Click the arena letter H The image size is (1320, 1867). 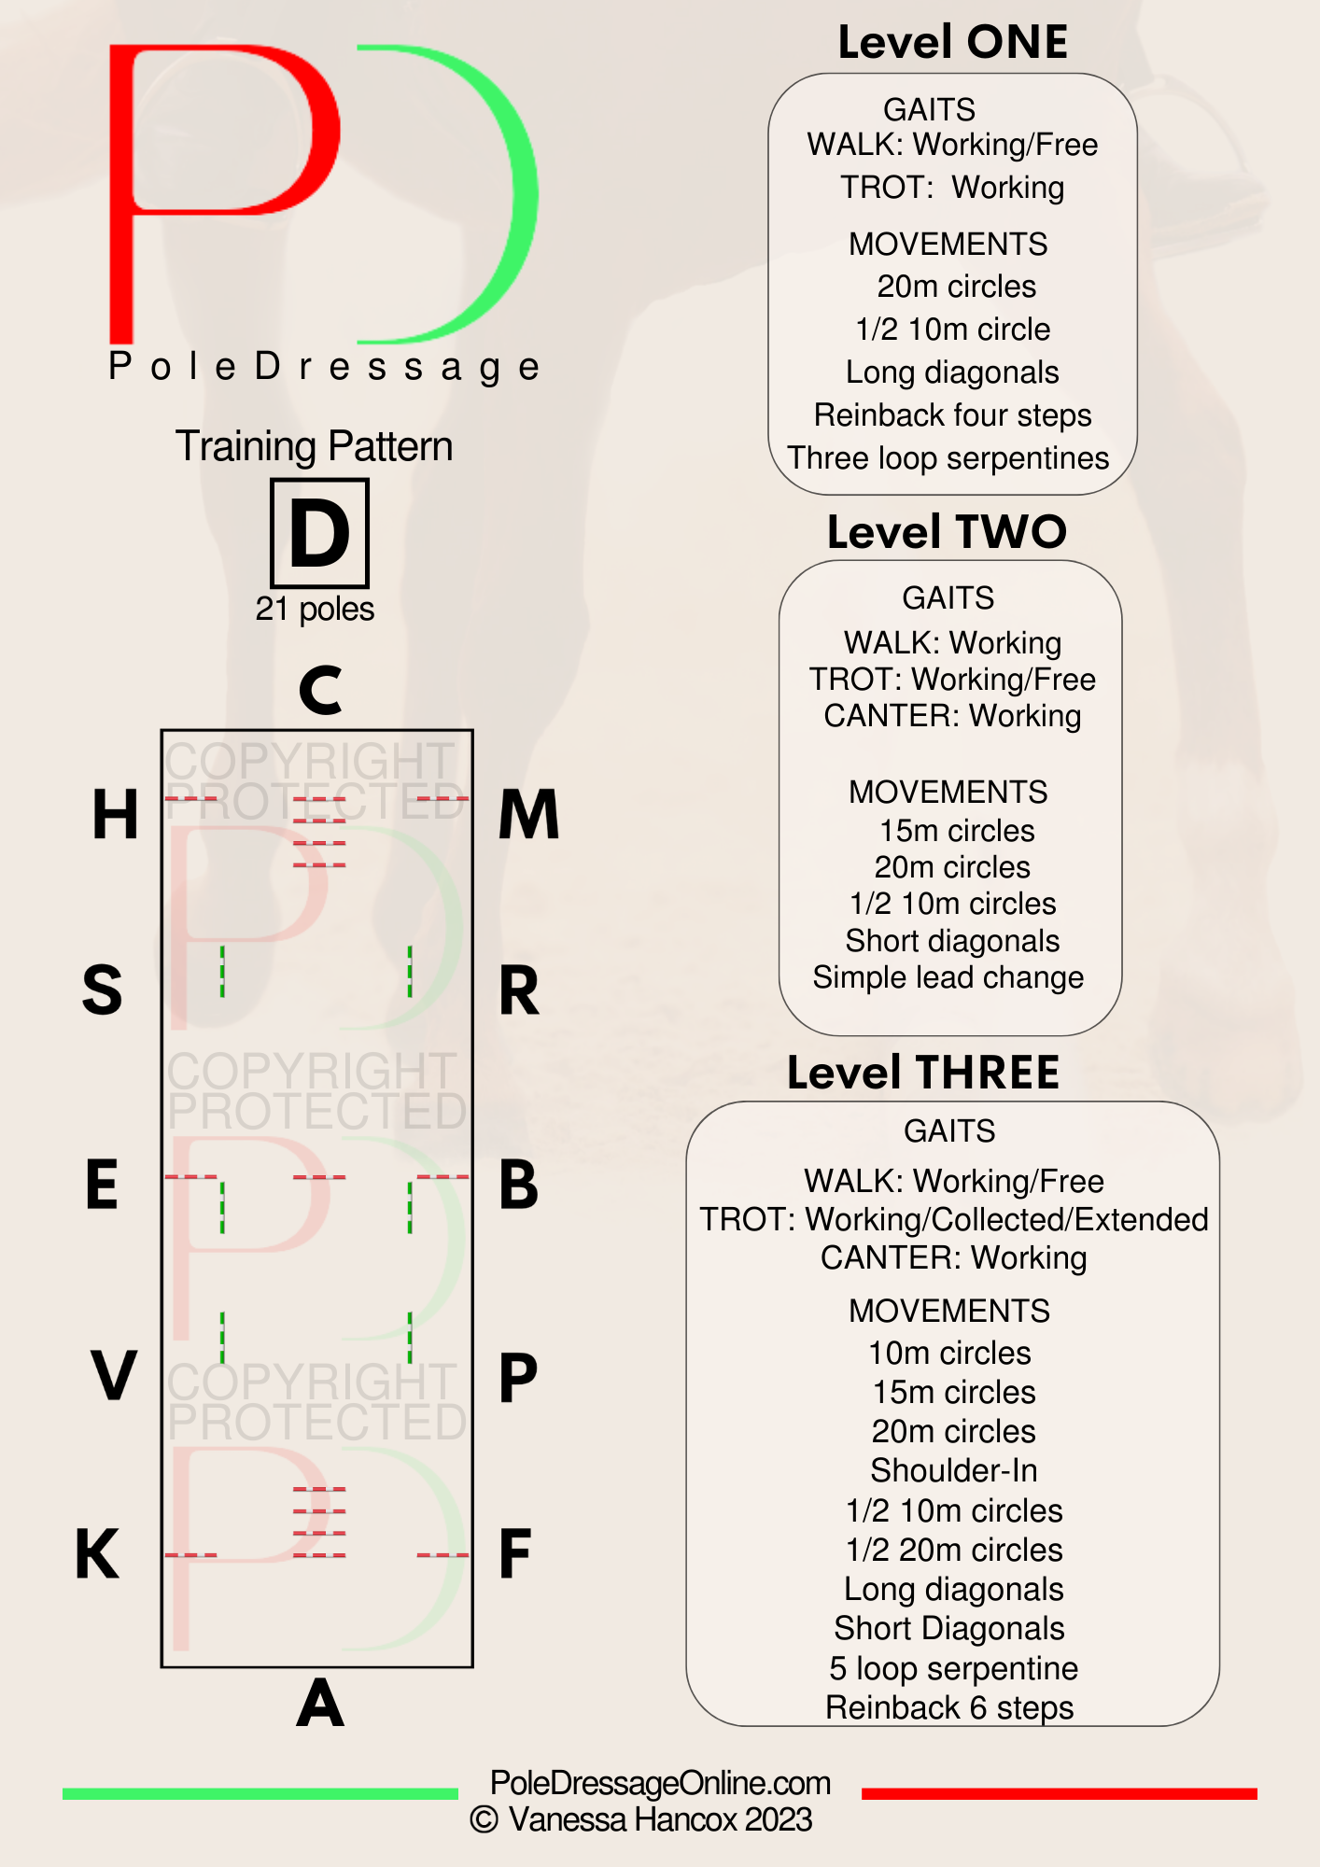[115, 814]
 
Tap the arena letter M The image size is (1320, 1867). [528, 814]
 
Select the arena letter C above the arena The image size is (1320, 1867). [320, 690]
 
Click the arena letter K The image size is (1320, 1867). [97, 1553]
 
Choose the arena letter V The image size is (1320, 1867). [114, 1375]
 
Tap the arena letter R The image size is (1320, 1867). [519, 990]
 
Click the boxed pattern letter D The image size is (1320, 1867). [319, 533]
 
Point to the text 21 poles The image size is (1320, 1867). [315, 609]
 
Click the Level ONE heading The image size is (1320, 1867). [952, 42]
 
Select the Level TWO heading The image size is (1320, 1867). [947, 532]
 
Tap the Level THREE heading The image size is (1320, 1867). [923, 1073]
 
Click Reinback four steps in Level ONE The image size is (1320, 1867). [952, 414]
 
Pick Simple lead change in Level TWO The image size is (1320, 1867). [948, 977]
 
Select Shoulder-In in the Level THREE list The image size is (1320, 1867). [953, 1470]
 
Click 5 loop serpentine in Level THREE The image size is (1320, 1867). [953, 1668]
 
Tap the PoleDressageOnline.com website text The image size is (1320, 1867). [660, 1783]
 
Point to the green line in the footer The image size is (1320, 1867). [260, 1793]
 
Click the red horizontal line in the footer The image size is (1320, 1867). [1060, 1793]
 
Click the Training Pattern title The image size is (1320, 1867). [314, 446]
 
